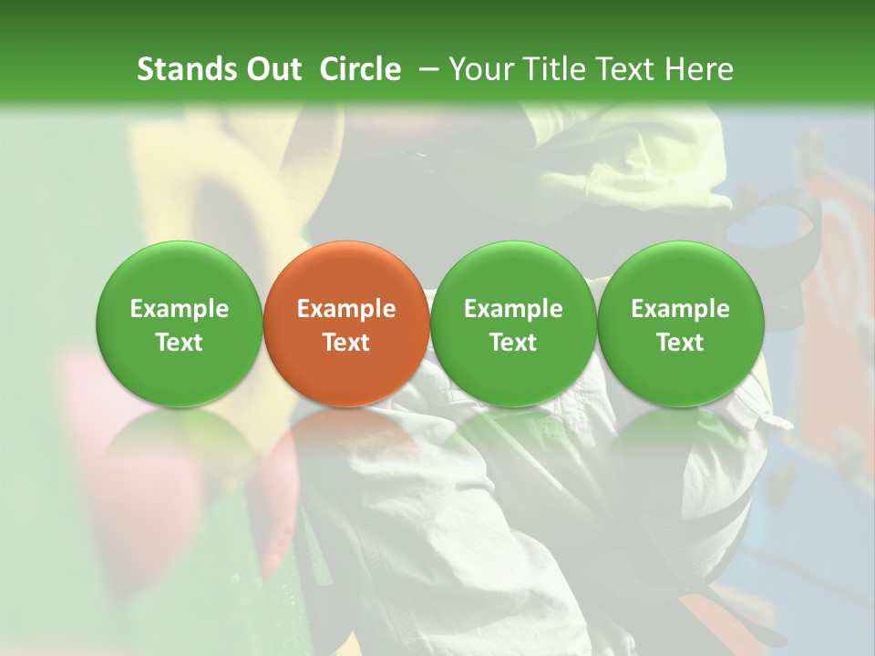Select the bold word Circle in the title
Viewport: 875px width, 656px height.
pyautogui.click(x=360, y=69)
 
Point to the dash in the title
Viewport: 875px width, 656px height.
pyautogui.click(x=427, y=69)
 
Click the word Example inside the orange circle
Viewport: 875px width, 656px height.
pyautogui.click(x=346, y=309)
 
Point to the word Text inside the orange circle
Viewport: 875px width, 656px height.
pyautogui.click(x=346, y=343)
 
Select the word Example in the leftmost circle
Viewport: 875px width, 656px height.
pyautogui.click(x=180, y=309)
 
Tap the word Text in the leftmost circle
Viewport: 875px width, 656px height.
pyautogui.click(x=180, y=343)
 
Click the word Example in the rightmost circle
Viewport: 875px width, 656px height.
pyautogui.click(x=680, y=309)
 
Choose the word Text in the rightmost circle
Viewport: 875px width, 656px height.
pyautogui.click(x=680, y=343)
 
